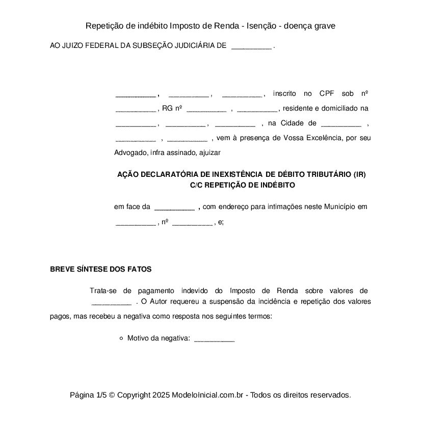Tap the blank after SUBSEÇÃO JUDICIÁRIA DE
251,46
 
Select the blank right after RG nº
206,109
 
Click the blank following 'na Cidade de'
341,123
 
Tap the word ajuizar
209,152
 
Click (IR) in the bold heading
360,174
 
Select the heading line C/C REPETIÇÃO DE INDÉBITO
242,186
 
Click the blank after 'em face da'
174,207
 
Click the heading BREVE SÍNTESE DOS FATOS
100,270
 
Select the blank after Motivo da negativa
214,338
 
